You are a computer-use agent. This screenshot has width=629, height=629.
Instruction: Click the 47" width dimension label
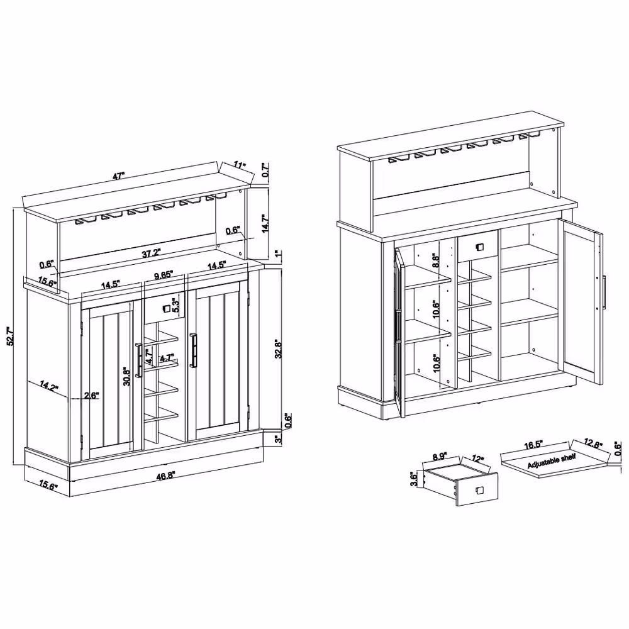119,175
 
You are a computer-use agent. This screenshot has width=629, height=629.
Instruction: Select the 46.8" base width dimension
165,476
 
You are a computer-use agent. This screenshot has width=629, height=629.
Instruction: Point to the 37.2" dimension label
151,253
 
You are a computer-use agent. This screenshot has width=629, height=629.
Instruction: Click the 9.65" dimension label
164,276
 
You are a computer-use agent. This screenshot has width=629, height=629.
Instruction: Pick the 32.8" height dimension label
279,349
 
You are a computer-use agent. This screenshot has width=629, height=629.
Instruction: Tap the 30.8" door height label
127,376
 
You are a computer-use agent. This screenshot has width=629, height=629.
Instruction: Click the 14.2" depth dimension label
49,386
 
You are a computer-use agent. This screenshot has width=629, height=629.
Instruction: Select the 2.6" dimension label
91,396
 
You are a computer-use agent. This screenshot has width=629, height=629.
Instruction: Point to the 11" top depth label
240,165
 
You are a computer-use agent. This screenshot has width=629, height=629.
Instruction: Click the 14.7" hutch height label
265,223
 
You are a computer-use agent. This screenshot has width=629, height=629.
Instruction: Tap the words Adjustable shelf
552,461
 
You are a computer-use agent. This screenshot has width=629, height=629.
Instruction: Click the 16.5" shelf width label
533,445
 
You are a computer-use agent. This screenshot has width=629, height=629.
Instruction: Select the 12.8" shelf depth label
593,443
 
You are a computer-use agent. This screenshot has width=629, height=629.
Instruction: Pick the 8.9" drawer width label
440,457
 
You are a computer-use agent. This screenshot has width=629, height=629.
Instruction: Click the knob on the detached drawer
479,490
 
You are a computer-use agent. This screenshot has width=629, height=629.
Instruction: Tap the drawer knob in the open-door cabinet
479,247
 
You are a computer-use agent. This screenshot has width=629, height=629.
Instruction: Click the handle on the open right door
604,292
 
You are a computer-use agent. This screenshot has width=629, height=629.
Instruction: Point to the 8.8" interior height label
436,260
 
